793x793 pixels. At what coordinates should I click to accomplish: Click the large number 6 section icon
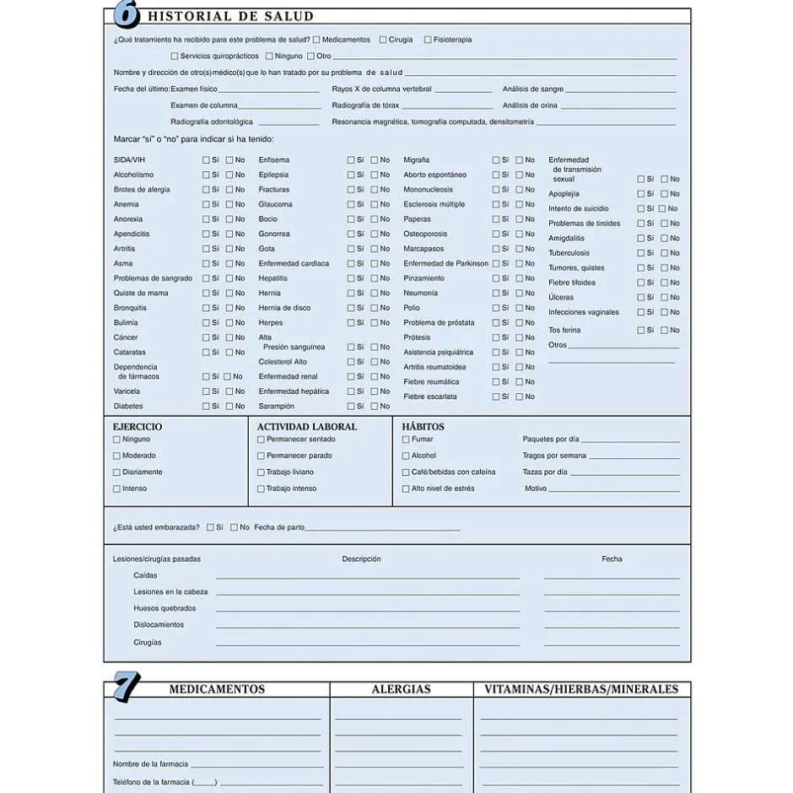point(125,14)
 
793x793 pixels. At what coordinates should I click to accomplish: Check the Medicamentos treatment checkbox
point(316,40)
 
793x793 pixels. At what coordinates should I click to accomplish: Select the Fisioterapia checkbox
point(428,40)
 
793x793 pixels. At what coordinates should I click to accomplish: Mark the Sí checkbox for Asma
point(206,263)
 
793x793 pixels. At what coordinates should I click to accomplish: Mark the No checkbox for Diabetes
point(229,406)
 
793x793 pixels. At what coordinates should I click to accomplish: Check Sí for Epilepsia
point(351,175)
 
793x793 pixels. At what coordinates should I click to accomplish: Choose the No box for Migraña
point(520,160)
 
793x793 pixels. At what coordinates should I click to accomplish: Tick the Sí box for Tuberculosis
point(641,253)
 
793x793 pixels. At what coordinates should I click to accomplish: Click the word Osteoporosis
point(425,234)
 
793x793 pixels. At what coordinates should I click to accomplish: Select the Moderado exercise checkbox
point(117,456)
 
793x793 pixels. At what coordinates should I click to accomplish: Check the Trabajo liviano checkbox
point(261,472)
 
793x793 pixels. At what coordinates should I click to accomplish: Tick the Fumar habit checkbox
point(406,440)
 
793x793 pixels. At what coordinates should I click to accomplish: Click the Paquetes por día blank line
point(629,440)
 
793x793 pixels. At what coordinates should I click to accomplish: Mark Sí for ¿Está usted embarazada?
point(210,527)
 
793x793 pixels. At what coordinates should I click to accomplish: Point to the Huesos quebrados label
point(165,608)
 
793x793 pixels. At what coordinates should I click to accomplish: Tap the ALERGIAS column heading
point(401,689)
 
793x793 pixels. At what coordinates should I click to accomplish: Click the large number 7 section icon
point(126,687)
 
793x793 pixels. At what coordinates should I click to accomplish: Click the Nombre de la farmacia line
point(256,765)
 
